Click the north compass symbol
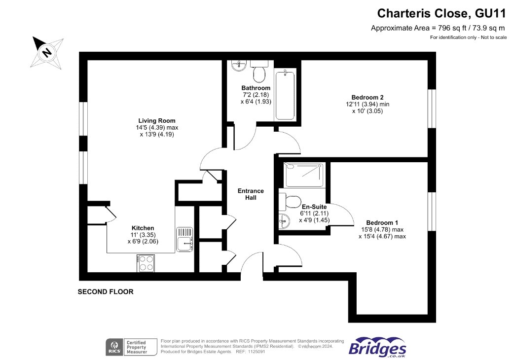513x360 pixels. pos(47,52)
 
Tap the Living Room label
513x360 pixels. pos(157,121)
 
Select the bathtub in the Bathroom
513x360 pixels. pos(285,95)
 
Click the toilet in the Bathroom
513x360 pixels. pos(259,72)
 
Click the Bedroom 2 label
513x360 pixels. pos(367,98)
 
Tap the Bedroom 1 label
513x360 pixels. pos(382,223)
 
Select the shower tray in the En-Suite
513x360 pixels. pos(304,175)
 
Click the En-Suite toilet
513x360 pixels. pos(290,202)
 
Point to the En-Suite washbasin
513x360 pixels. pos(284,221)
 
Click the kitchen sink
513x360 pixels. pos(184,239)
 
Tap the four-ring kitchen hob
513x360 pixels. pos(146,263)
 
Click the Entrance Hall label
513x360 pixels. pos(251,194)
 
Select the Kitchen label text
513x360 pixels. pos(143,228)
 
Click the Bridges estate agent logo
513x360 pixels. pos(377,347)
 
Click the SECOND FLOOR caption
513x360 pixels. pos(106,291)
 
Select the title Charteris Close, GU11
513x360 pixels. pos(441,13)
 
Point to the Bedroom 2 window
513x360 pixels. pos(432,108)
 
